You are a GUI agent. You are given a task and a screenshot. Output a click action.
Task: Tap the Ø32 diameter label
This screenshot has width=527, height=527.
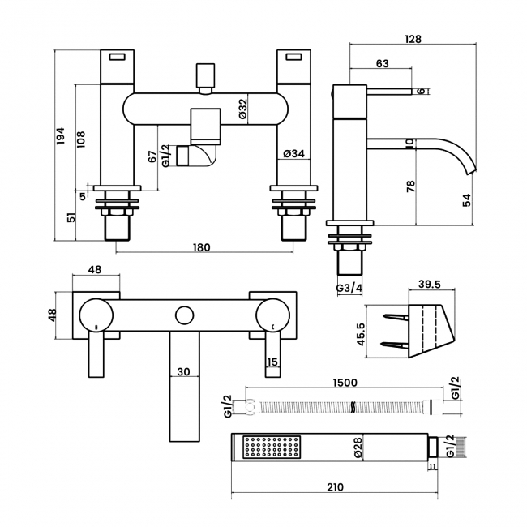tap(242, 109)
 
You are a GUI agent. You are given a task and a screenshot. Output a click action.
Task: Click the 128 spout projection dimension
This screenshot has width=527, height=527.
tap(414, 37)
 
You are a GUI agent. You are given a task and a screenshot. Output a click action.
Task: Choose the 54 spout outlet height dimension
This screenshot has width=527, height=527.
tap(466, 200)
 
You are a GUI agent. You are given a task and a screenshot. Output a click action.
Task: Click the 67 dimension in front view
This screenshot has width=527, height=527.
tap(152, 159)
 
